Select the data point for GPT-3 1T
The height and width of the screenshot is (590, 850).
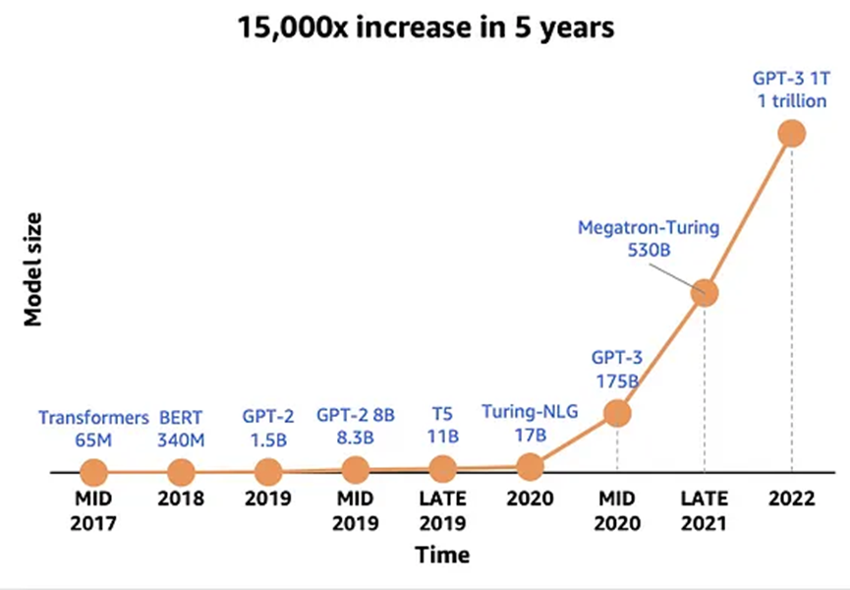pos(791,133)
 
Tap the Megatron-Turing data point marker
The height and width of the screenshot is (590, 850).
pos(704,292)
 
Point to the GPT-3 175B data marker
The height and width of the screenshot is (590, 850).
pos(616,413)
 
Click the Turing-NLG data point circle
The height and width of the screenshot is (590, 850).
pos(530,466)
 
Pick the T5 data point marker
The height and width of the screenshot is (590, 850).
pos(442,469)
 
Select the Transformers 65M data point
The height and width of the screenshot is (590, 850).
pos(93,472)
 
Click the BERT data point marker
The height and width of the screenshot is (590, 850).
pos(181,472)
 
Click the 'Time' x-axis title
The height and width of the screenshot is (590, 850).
pos(442,555)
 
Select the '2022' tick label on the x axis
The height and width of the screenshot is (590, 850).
pos(791,499)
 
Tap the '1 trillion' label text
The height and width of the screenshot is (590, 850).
pos(791,101)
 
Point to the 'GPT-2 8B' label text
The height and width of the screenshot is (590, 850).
pos(355,415)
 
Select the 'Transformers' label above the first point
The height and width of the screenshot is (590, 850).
pos(93,417)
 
